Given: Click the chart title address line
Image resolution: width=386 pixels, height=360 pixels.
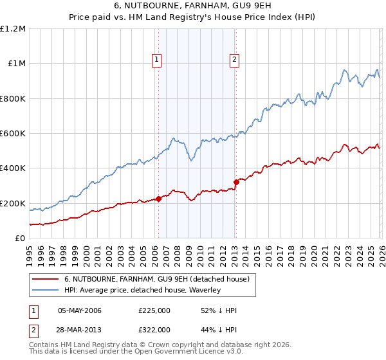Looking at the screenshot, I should click(192, 6).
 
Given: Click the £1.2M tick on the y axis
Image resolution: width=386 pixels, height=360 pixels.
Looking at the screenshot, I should click(13, 29).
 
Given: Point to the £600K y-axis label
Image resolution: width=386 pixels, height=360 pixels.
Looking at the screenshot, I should click(13, 134).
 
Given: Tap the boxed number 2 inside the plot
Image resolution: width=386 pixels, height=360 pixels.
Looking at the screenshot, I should click(234, 60).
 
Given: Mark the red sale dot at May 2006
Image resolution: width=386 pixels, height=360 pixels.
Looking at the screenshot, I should click(158, 199).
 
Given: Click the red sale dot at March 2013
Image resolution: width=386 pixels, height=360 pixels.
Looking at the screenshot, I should click(236, 182).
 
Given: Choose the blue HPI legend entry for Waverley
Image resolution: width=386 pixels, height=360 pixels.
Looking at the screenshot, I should click(142, 290).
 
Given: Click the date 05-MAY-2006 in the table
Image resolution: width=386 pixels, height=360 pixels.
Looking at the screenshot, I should click(80, 310).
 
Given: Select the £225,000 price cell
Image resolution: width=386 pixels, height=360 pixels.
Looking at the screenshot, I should click(154, 310).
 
